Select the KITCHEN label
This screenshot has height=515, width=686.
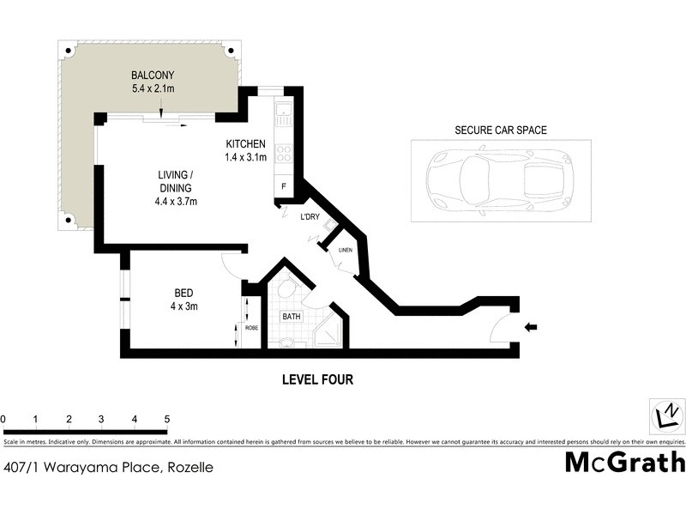[x=245, y=143]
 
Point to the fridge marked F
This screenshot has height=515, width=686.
[x=283, y=186]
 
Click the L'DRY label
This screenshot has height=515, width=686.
[x=310, y=217]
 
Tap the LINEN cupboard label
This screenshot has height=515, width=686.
[x=346, y=250]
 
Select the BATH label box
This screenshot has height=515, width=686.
[x=292, y=317]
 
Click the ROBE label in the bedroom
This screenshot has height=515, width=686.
[x=251, y=327]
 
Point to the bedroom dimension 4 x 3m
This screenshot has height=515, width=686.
[x=185, y=306]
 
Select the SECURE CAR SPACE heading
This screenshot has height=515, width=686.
[x=501, y=130]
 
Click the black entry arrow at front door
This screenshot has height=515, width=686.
[x=532, y=326]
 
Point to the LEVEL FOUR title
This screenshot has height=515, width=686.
[x=317, y=379]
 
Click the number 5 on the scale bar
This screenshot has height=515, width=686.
[x=166, y=419]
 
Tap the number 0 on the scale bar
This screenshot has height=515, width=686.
[x=3, y=419]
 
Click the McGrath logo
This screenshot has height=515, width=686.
[x=624, y=461]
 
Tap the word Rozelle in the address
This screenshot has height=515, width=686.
[x=190, y=468]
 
